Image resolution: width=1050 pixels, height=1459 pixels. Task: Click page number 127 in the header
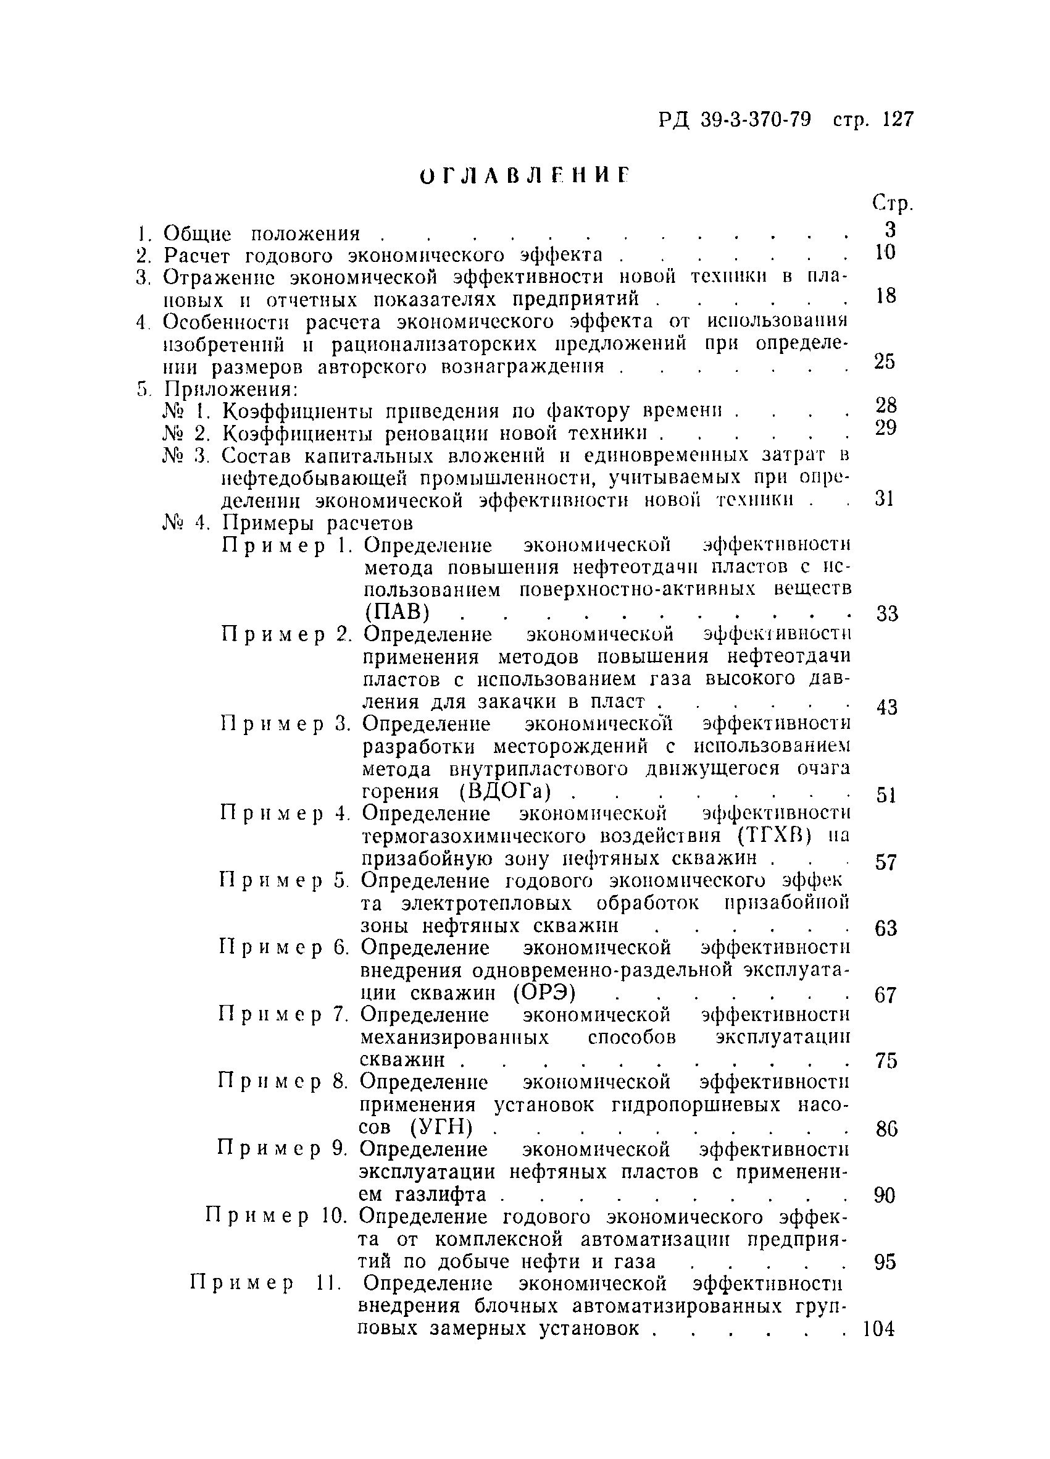tap(898, 120)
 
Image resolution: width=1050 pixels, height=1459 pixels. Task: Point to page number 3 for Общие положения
tap(890, 230)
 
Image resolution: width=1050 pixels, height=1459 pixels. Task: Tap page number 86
tap(885, 1128)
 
